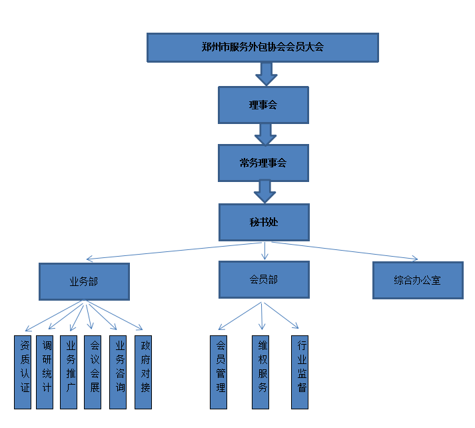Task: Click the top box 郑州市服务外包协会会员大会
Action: point(262,47)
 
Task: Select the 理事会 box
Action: point(263,105)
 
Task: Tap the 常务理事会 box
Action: point(263,163)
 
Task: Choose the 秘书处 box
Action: point(263,222)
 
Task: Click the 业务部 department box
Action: point(84,281)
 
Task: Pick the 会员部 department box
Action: point(263,279)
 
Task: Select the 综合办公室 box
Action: point(417,280)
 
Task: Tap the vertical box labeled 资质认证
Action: point(23,372)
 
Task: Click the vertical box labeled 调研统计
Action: point(45,372)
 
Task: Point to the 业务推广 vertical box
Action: point(69,372)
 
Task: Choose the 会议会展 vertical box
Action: point(93,372)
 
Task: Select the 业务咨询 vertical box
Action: point(117,372)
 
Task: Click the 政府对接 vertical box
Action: point(143,372)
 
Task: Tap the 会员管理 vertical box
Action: point(219,372)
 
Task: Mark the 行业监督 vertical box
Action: point(300,372)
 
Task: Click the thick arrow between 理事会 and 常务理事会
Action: point(265,134)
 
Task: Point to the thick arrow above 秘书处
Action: point(265,192)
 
